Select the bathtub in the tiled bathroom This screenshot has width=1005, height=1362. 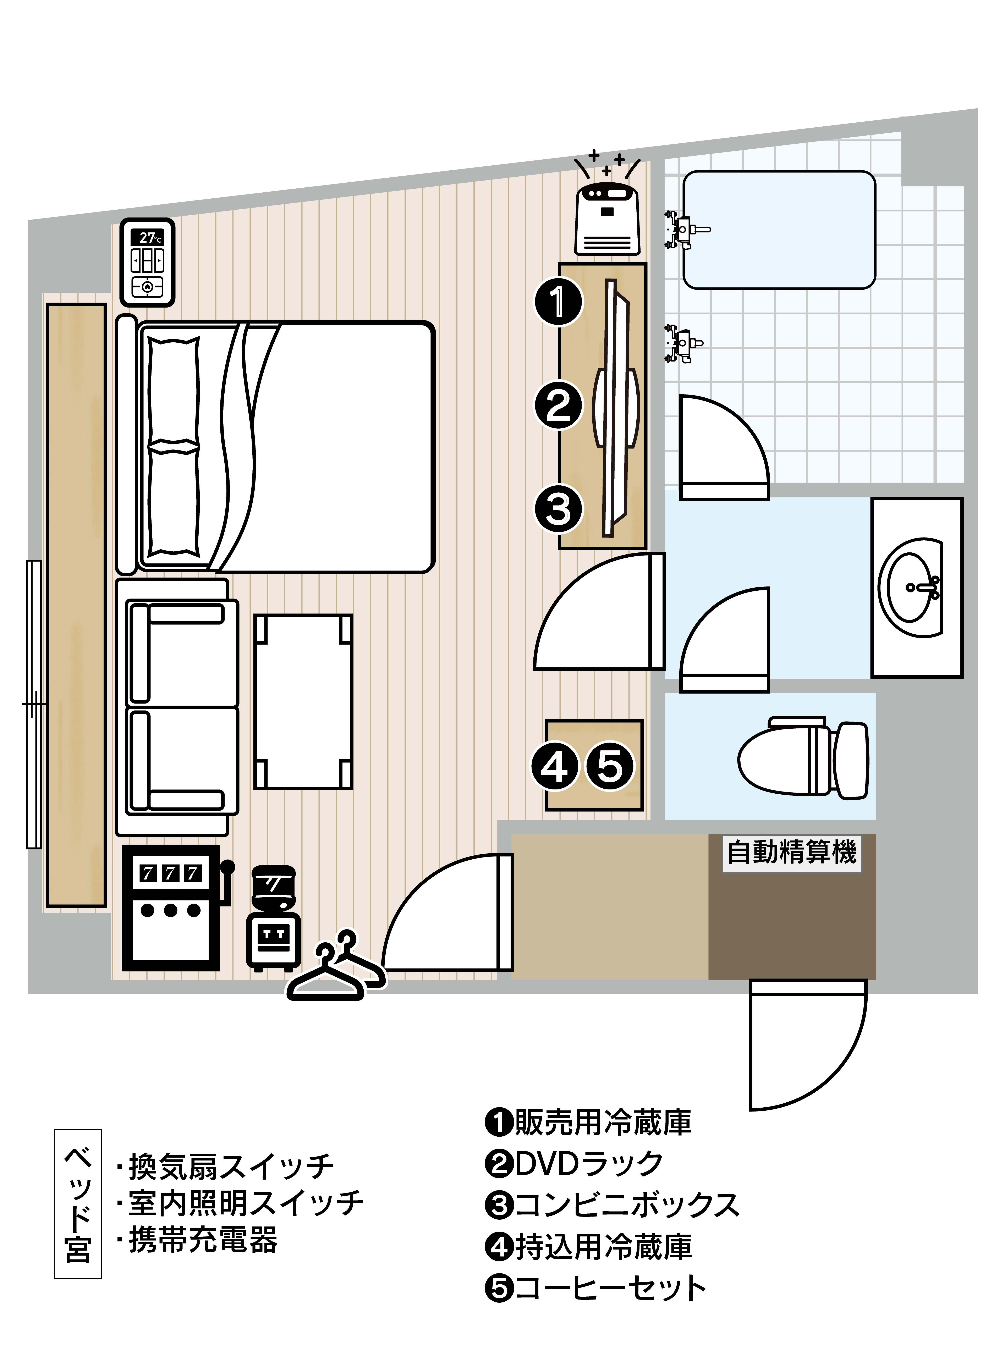[x=779, y=230]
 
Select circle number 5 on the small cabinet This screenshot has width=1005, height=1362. [x=610, y=766]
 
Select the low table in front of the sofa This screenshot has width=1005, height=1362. [x=303, y=701]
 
